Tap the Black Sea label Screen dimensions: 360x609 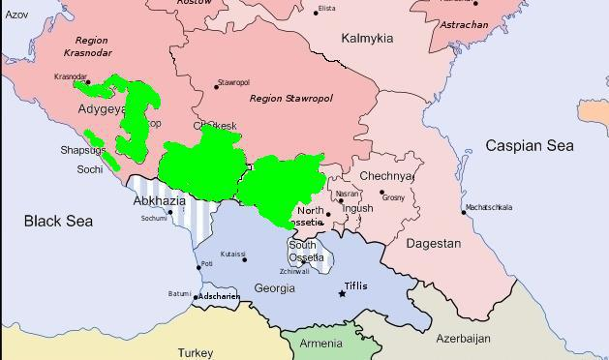[58, 222]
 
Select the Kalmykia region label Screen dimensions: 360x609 [367, 39]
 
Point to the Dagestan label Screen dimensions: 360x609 [433, 244]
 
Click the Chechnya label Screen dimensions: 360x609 [386, 177]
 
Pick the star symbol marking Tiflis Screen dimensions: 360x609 [341, 293]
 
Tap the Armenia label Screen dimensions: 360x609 [320, 344]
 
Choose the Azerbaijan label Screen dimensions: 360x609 [463, 339]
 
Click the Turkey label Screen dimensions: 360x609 [195, 353]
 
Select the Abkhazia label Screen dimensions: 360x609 [158, 201]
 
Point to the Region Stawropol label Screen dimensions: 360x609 [290, 99]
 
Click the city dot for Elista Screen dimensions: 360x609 [316, 12]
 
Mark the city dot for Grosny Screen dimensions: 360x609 [381, 193]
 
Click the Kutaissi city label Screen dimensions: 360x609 [232, 254]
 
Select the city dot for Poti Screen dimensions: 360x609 [198, 267]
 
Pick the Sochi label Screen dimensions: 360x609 [90, 169]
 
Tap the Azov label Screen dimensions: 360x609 [16, 15]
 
